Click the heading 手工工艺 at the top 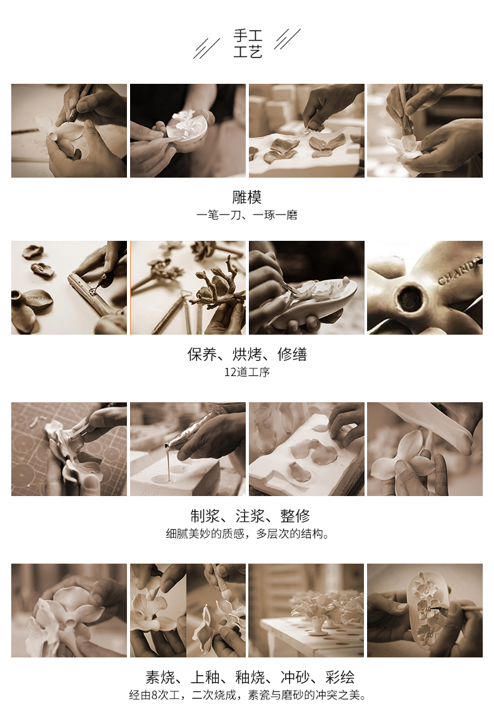[x=248, y=43]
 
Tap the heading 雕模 [x=247, y=198]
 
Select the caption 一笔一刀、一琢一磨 [x=247, y=215]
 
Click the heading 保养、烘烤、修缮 [x=247, y=355]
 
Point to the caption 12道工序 [x=247, y=372]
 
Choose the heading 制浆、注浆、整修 [x=250, y=515]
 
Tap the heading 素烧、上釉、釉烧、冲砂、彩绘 [x=250, y=677]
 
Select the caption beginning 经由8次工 [x=248, y=695]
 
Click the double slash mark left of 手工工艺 [x=206, y=48]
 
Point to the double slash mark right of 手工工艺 [x=287, y=39]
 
